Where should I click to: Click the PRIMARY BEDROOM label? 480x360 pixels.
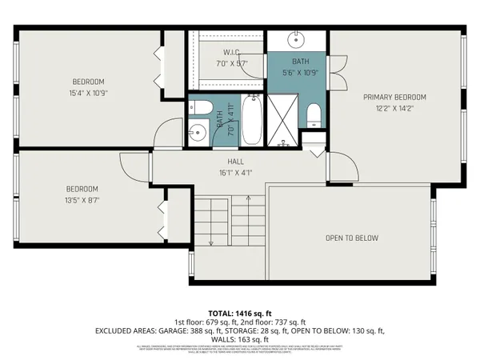[x=394, y=97]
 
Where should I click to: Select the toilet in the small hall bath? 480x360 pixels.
[x=201, y=108]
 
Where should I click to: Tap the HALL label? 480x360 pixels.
[x=234, y=161]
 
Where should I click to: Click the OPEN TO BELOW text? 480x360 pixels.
[x=351, y=238]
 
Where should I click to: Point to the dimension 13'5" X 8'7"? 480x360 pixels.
[x=82, y=200]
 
